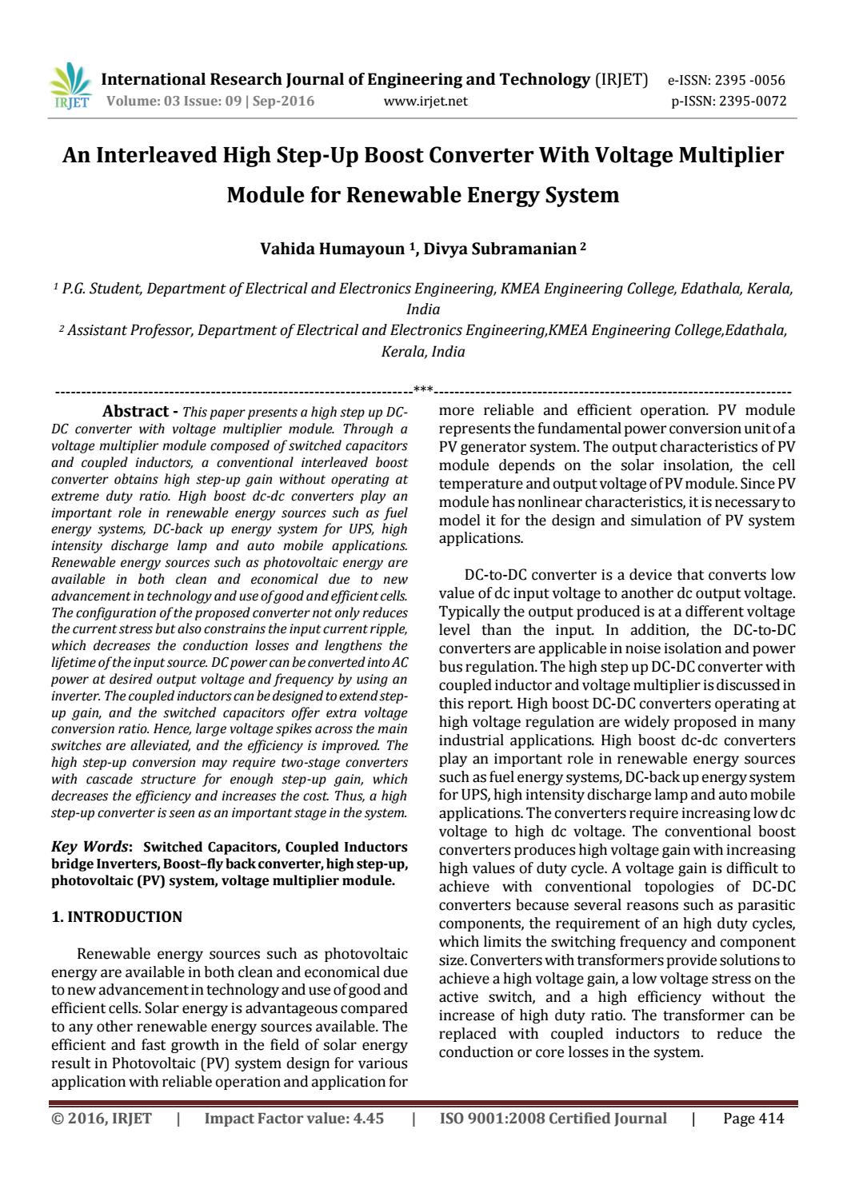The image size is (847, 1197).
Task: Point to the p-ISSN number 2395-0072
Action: pos(752,101)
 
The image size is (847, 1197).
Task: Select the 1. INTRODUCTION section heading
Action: pos(117,917)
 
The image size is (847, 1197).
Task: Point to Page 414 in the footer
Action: pos(753,1119)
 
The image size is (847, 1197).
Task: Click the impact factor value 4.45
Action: pos(368,1119)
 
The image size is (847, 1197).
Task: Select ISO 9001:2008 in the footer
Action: pos(487,1119)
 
